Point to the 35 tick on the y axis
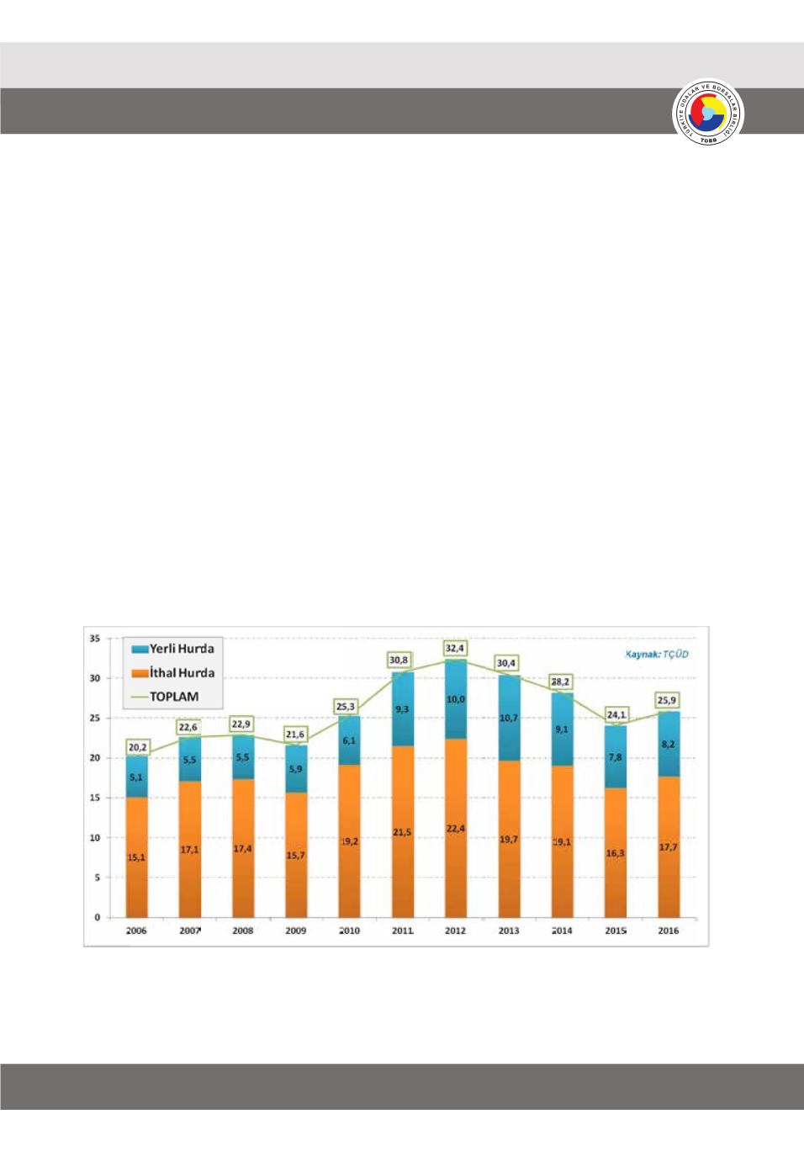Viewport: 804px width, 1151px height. (x=94, y=639)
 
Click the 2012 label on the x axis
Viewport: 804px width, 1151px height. (x=455, y=931)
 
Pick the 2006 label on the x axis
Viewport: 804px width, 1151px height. (x=135, y=931)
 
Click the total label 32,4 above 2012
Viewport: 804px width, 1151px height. (x=455, y=649)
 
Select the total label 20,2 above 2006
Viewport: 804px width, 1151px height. (x=137, y=746)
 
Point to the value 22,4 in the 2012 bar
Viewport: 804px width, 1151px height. (x=455, y=829)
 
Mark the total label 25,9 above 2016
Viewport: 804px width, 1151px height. (x=669, y=700)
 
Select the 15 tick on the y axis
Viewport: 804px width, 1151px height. (x=94, y=798)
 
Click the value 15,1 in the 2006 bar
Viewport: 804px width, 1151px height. (x=135, y=857)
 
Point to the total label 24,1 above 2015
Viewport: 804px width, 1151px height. (x=616, y=713)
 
